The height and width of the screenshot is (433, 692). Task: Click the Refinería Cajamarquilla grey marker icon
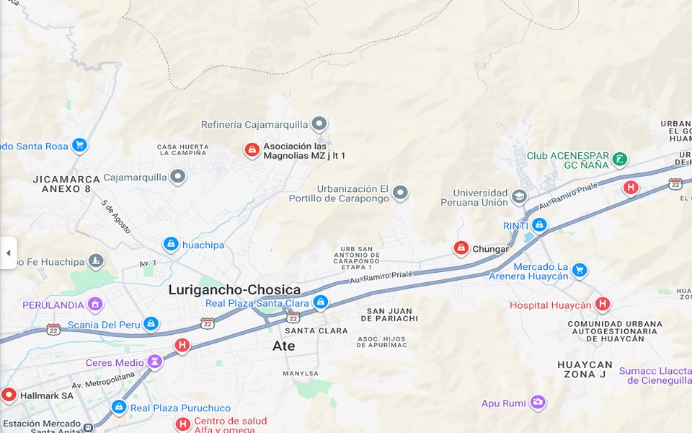click(x=319, y=124)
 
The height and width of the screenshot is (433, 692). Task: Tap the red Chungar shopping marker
click(x=461, y=249)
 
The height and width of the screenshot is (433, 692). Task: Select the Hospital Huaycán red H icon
click(x=603, y=305)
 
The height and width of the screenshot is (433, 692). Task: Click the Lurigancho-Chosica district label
click(x=234, y=290)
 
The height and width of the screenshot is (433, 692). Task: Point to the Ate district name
click(x=283, y=346)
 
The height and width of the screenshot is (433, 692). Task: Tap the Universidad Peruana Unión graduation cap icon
click(x=519, y=196)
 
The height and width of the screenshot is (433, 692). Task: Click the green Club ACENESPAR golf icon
click(x=619, y=159)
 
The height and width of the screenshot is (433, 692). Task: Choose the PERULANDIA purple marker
click(x=95, y=305)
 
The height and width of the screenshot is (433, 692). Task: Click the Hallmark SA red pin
click(x=9, y=395)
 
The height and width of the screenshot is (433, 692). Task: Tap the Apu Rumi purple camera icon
click(x=538, y=403)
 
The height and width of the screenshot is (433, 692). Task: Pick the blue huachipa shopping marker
click(x=171, y=245)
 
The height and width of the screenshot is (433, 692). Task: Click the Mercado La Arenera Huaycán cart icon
click(x=580, y=271)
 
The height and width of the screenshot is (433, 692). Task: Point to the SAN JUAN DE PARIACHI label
click(x=392, y=315)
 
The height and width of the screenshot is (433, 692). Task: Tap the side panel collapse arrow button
click(x=8, y=253)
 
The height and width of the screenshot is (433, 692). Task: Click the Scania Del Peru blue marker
click(x=151, y=324)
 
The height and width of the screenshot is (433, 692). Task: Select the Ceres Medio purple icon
click(x=154, y=362)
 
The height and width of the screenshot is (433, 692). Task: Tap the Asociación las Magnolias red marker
click(x=252, y=150)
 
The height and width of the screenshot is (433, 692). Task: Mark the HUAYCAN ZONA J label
click(x=585, y=369)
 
